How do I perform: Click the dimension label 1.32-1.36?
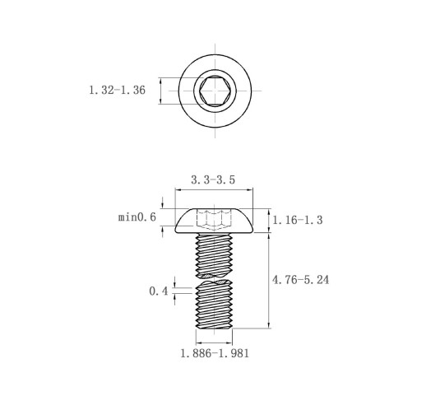pyautogui.click(x=117, y=91)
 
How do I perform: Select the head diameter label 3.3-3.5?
pyautogui.click(x=213, y=180)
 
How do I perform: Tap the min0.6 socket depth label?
pyautogui.click(x=137, y=217)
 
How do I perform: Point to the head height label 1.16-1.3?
pyautogui.click(x=298, y=220)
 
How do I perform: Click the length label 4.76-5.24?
pyautogui.click(x=300, y=280)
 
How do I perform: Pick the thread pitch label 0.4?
pyautogui.click(x=159, y=291)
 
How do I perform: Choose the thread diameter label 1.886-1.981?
pyautogui.click(x=215, y=353)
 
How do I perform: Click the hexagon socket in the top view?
pyautogui.click(x=215, y=91)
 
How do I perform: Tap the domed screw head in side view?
pyautogui.click(x=214, y=221)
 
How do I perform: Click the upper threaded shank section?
pyautogui.click(x=214, y=255)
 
